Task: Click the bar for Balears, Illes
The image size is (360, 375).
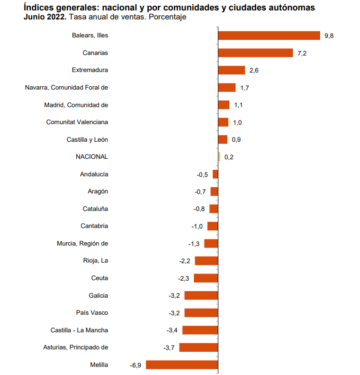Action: [269, 36]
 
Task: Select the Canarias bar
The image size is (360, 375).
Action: [255, 53]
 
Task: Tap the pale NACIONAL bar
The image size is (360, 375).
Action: [219, 157]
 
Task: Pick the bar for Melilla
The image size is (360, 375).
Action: [182, 365]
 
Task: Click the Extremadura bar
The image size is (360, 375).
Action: [232, 70]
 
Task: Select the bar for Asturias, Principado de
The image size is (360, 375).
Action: [198, 348]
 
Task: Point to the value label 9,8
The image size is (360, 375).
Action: [329, 36]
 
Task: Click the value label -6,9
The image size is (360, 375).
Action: [136, 365]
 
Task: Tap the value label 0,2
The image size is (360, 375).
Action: [229, 157]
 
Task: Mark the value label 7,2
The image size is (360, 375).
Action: [302, 53]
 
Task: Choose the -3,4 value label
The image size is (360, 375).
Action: [172, 330]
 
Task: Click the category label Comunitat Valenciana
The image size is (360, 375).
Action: [77, 122]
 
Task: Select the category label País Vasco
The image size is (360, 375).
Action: [92, 313]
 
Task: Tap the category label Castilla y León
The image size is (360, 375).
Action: [88, 139]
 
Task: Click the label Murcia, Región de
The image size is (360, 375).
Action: [82, 244]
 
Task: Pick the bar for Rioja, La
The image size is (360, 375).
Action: [207, 261]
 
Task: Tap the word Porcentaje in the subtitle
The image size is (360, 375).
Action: [169, 17]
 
